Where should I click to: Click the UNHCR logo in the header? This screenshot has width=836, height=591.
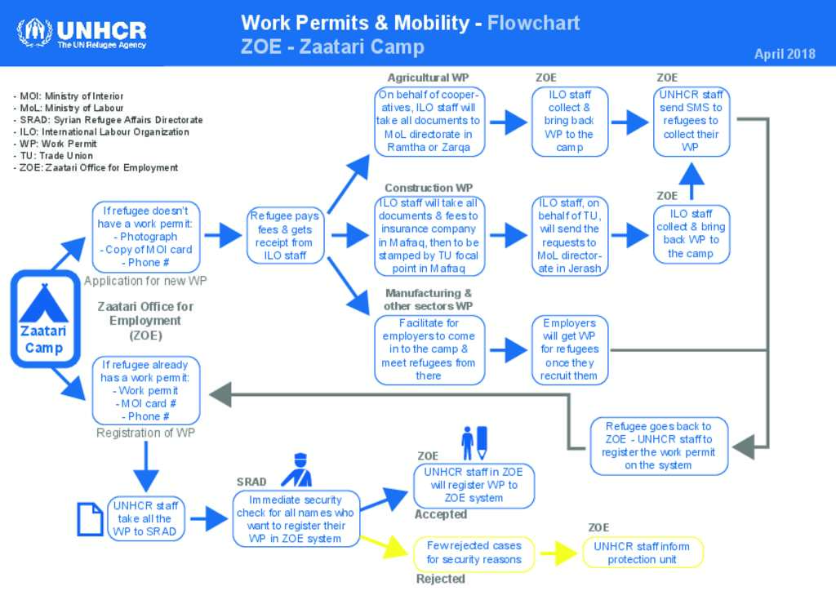coord(82,34)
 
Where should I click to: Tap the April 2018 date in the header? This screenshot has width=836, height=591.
coord(785,54)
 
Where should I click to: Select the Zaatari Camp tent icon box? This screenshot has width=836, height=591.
coord(46,318)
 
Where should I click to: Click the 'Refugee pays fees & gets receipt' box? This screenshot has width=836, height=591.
coord(285,236)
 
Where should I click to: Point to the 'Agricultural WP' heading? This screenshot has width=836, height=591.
coord(428,78)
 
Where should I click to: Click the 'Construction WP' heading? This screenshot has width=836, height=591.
coord(429,188)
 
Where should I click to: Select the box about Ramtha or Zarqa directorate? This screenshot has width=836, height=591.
coord(429,122)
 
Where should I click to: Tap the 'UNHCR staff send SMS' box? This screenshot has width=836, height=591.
coord(691,122)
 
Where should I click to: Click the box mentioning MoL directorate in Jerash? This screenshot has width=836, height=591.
coord(570,236)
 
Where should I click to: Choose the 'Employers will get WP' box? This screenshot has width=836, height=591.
coord(570,349)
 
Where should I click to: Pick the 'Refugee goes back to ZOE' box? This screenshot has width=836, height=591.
coord(659,446)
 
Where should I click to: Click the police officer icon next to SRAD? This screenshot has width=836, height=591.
coord(297,470)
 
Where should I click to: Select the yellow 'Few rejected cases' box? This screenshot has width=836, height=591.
coord(474,553)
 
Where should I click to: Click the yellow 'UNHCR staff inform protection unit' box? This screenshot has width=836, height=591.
coord(643,553)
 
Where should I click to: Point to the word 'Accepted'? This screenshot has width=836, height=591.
coord(441,514)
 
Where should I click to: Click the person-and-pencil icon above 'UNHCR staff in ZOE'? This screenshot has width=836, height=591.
coord(474,443)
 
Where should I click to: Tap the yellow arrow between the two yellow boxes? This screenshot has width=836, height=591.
coord(558,553)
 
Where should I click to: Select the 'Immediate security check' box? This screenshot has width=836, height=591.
coord(296,519)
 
